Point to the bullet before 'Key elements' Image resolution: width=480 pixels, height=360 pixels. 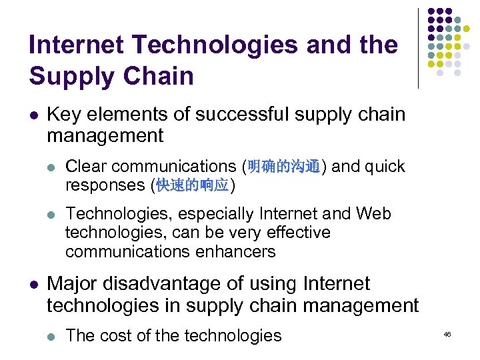coord(33,115)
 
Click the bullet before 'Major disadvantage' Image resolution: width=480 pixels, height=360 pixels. coord(33,284)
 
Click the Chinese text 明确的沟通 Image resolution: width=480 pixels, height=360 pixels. coord(284,167)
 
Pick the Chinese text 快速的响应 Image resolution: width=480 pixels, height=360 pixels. coord(193,185)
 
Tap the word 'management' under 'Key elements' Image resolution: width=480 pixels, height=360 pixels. coord(105,136)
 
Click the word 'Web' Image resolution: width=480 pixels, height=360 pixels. coord(373,213)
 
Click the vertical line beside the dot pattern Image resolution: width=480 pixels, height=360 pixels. coord(418,48)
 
